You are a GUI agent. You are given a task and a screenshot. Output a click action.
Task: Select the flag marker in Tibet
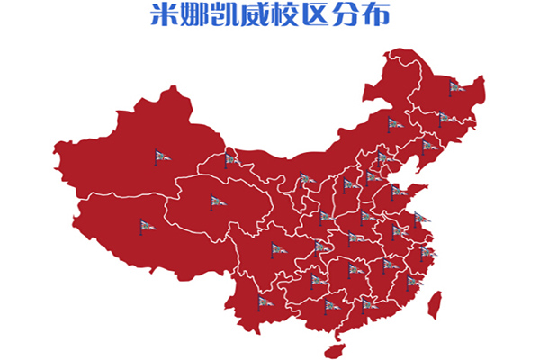point(146,226)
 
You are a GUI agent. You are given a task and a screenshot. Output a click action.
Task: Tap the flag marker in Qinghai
point(216,202)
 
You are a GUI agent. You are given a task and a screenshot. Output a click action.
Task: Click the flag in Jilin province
point(444,118)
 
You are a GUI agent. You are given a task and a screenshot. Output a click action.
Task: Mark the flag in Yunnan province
point(264,301)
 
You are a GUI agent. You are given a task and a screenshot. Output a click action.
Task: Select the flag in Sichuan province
point(277,249)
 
